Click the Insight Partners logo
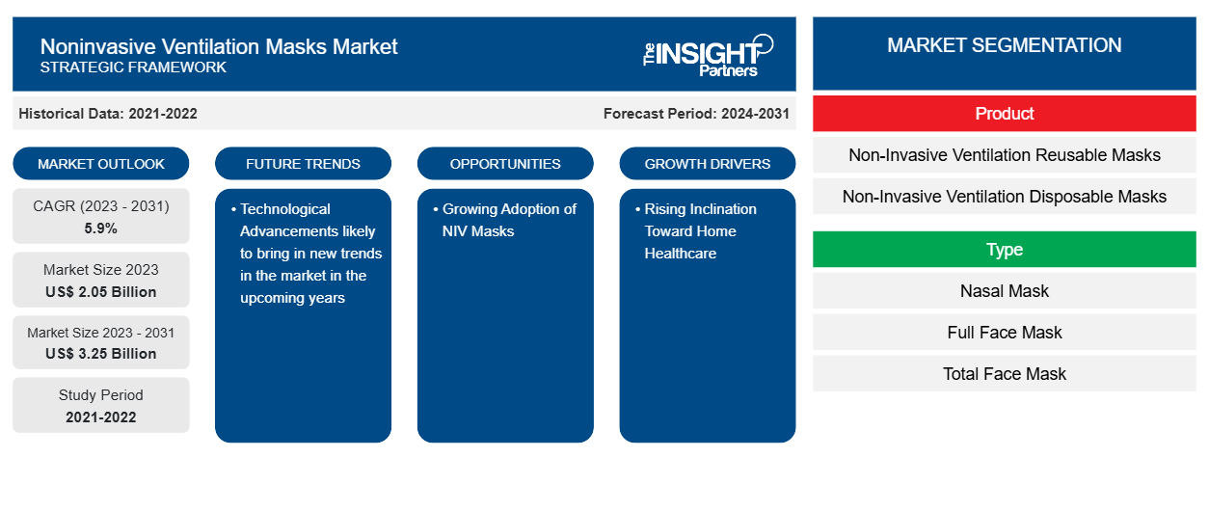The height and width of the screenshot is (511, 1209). click(708, 54)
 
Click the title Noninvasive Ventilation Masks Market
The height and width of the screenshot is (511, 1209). click(219, 45)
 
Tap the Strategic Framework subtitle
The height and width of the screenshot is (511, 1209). click(133, 67)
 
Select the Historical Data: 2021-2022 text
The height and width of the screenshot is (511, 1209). click(108, 113)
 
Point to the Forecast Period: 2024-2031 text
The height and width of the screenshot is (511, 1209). click(696, 113)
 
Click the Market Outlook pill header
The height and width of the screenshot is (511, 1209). click(101, 164)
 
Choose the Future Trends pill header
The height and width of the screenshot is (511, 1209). click(303, 164)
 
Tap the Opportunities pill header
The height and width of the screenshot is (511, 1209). click(505, 164)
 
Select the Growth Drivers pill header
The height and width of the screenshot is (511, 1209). click(708, 164)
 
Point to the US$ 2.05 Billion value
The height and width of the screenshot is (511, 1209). click(101, 292)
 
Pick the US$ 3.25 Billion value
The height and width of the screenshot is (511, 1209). click(101, 354)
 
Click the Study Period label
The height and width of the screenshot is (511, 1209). click(101, 395)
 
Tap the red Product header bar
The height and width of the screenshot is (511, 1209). click(1004, 114)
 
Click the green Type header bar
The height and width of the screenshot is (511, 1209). click(1004, 250)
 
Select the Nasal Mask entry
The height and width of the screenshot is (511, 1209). click(1004, 291)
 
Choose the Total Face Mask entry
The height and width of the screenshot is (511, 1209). click(1004, 374)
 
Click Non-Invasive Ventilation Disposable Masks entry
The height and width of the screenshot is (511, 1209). click(1004, 197)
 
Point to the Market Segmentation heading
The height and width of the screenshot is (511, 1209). click(1004, 45)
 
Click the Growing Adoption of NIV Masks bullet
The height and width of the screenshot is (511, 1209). click(508, 220)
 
